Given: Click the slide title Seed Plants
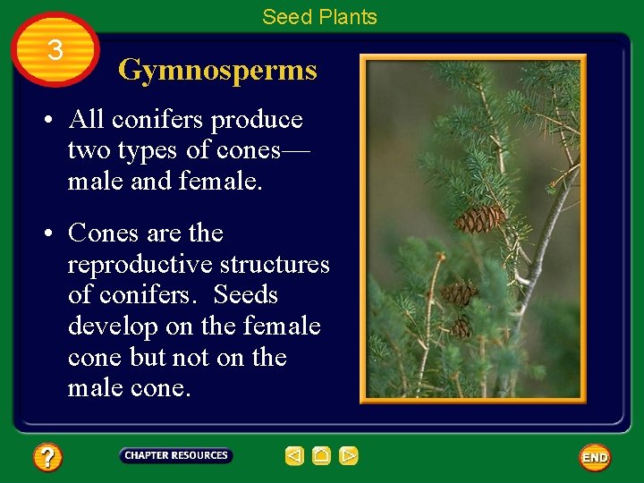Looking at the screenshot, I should coord(319,17).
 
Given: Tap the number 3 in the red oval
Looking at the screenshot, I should coord(55,51).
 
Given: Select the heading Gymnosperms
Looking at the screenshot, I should coord(217,70).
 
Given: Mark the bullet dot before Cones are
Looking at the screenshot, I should coord(53,234).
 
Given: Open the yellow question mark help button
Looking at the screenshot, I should coord(47,458).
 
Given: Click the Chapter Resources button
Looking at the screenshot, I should coord(176,456).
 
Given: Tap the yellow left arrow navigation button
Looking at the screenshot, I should coord(294,456).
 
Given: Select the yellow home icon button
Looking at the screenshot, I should coord(321,456).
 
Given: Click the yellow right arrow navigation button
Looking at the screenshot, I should coord(349,456).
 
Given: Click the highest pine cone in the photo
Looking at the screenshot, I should coord(479,218).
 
